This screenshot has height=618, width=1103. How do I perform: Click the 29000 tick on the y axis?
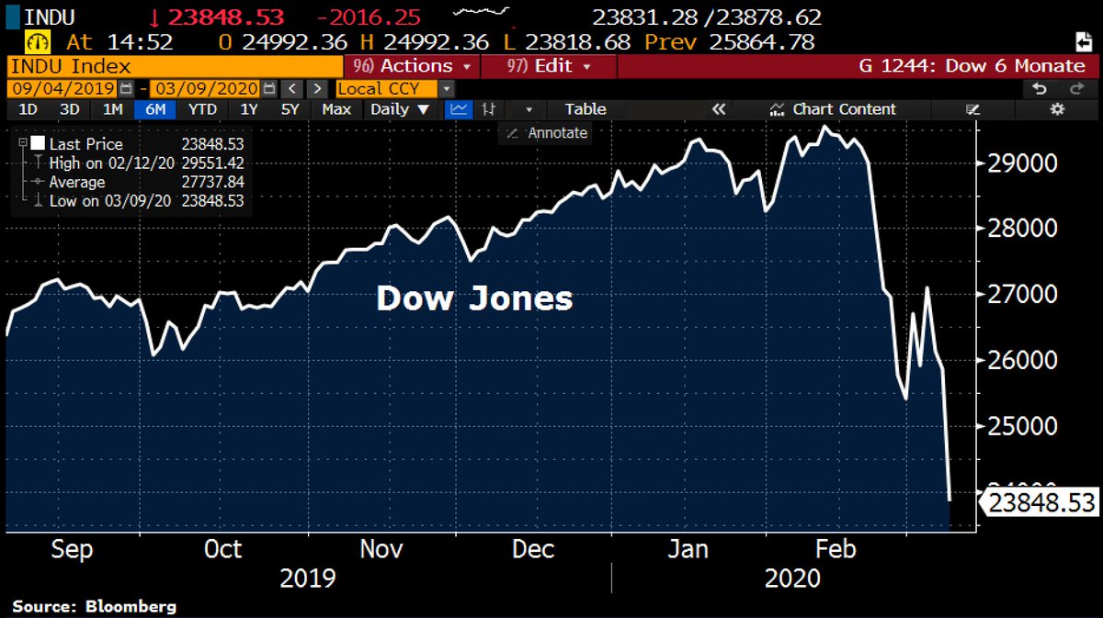pos(1020,163)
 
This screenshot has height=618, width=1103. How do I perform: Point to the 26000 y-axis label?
pos(1020,360)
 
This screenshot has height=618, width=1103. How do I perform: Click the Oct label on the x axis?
pos(222,549)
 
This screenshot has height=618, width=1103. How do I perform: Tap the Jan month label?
pos(688,549)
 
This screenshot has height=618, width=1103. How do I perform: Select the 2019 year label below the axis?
pos(307,579)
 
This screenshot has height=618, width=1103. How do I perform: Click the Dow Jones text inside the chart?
pos(474,298)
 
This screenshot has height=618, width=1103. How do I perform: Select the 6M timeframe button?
pos(155,109)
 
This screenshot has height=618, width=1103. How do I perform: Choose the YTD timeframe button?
pos(202,109)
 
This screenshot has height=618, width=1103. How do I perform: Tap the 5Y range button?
pos(290,109)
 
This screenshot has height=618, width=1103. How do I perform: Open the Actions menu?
pos(413,66)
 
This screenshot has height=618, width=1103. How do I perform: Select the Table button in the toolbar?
pos(586,109)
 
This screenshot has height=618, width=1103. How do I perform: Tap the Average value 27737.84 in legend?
pos(212,182)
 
